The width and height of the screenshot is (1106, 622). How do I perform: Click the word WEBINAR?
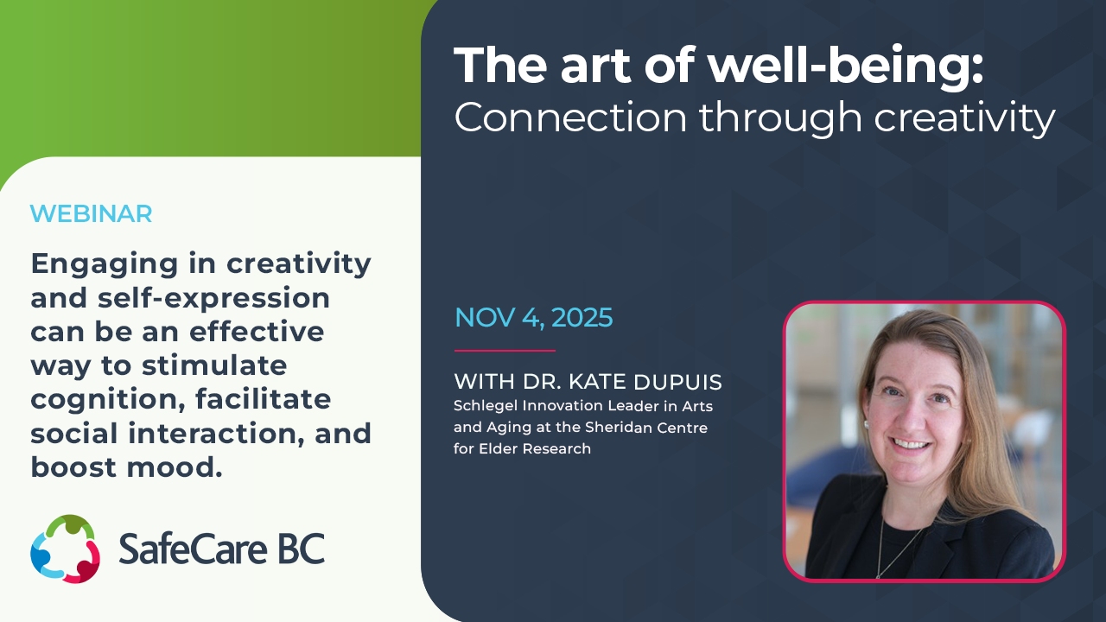pos(91,213)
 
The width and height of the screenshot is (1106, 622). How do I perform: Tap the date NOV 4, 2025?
pos(534,317)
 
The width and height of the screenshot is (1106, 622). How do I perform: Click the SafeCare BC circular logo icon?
pos(65,549)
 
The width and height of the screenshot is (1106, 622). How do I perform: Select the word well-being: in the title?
pos(846,66)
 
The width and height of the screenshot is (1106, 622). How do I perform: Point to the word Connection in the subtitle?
pos(570,117)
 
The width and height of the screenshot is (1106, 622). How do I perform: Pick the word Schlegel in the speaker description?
pos(486,406)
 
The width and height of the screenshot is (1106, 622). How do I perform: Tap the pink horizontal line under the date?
pos(505,351)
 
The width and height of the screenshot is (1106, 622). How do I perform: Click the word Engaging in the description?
pos(105,265)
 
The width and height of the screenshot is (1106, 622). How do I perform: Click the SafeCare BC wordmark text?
pos(222,549)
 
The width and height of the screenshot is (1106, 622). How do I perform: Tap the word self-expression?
pos(213,299)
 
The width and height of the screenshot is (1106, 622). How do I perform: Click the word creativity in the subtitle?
pos(964,118)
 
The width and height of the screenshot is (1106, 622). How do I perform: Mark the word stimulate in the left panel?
pos(214,365)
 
